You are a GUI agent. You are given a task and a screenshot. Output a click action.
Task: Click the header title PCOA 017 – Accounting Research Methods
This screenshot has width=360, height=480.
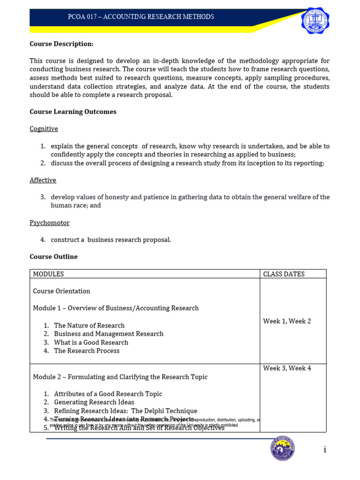(x=141, y=17)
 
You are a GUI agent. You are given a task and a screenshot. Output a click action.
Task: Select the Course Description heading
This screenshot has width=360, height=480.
(x=61, y=44)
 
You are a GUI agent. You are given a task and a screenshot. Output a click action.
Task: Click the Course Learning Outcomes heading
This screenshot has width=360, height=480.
(x=73, y=112)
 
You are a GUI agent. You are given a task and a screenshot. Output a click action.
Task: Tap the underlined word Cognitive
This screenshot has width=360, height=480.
(x=44, y=128)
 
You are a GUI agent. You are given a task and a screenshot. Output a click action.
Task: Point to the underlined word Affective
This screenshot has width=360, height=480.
(x=43, y=180)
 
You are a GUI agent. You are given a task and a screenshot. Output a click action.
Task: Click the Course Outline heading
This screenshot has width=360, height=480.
(x=53, y=256)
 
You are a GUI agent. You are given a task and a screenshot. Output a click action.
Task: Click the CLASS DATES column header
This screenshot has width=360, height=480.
(x=284, y=274)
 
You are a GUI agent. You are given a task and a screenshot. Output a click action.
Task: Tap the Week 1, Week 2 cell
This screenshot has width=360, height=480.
(x=287, y=321)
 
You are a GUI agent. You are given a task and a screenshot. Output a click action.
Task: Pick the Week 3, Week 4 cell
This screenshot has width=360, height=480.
(x=287, y=368)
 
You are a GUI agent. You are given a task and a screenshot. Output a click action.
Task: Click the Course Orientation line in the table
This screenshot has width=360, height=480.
(x=61, y=291)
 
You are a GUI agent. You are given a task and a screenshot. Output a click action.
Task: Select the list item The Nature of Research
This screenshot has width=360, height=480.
(x=89, y=325)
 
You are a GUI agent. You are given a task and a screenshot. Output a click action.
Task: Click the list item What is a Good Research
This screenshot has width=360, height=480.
(x=91, y=342)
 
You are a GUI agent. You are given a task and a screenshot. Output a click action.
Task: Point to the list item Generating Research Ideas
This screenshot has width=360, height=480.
(x=94, y=402)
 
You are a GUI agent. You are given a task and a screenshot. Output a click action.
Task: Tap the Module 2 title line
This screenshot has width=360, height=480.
(x=120, y=377)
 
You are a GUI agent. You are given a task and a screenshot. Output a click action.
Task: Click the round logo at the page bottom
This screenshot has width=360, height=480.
(x=283, y=449)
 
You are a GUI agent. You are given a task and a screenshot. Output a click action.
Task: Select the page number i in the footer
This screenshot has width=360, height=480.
(x=324, y=450)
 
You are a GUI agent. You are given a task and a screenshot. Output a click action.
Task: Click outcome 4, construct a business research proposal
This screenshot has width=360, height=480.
(x=111, y=240)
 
